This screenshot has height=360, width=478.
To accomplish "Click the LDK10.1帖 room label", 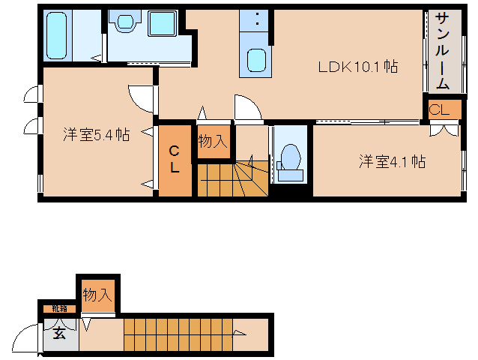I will tap(357, 67).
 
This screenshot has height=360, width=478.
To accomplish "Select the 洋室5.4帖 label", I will tap(95, 135).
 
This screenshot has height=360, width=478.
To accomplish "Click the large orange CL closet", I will tap(174, 159).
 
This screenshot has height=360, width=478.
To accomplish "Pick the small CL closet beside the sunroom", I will tap(439, 110).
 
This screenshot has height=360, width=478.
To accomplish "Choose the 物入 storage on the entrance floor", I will tap(97, 295).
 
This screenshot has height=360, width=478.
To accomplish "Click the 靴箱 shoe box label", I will tap(58, 308).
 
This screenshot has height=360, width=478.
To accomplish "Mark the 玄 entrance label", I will tap(59, 334).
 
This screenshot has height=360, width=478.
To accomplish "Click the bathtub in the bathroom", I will tap(56, 34).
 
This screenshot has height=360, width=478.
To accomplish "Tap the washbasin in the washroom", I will tap(124, 22).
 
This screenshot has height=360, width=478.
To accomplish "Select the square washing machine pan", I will tap(161, 23).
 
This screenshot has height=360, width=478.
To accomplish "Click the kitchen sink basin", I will tap(256, 59).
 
